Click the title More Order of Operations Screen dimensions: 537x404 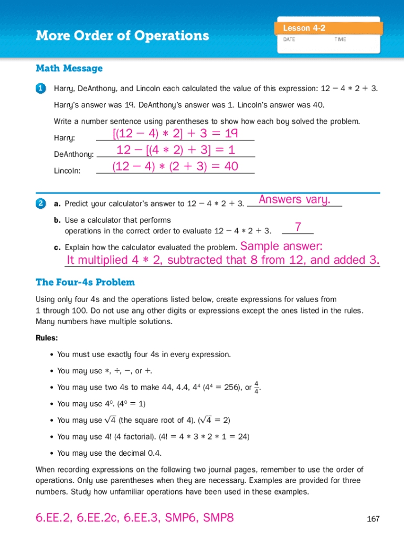(122, 36)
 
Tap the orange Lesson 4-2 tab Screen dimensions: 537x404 (304, 28)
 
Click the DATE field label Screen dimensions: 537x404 (290, 39)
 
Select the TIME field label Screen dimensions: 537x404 (340, 39)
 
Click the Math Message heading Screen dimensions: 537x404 (69, 68)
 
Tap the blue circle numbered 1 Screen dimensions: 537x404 (40, 89)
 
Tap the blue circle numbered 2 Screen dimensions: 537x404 (40, 202)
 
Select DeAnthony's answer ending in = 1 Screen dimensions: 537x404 (175, 151)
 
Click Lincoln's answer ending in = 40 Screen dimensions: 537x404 (175, 167)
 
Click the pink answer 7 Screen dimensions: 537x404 (298, 227)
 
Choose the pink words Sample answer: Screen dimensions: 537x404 (281, 246)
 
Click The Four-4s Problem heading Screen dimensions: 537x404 (85, 282)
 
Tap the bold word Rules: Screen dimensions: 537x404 (47, 338)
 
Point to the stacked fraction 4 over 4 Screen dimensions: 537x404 (256, 387)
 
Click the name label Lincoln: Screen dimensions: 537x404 (67, 171)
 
